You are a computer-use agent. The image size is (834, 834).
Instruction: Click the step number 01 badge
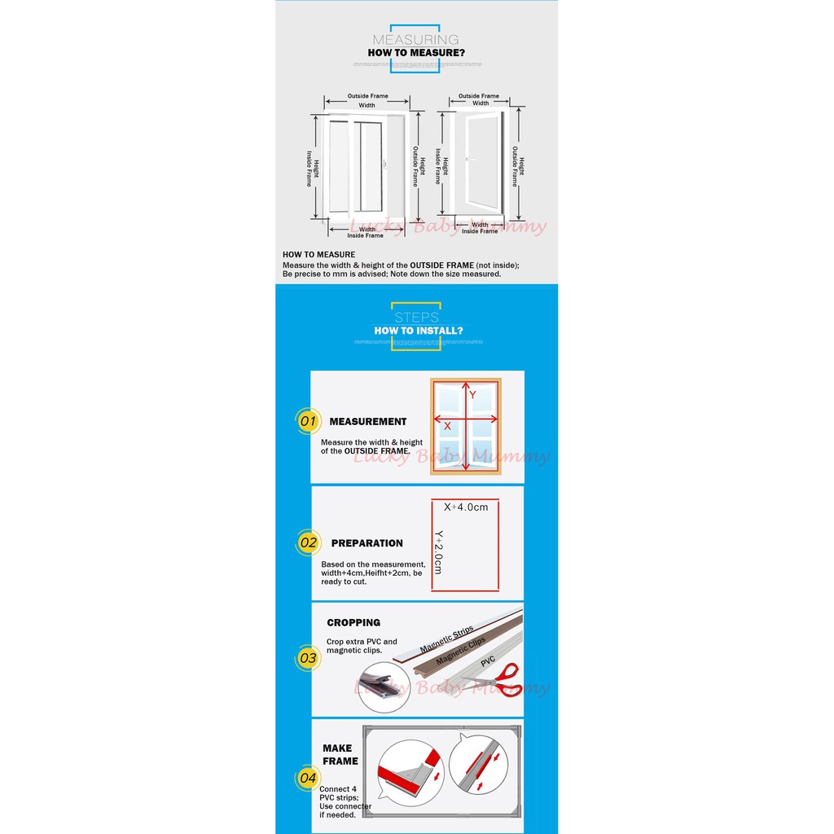pos(306,421)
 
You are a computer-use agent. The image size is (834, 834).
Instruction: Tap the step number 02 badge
pos(308,542)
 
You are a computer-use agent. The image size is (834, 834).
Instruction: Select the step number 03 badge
pos(307,657)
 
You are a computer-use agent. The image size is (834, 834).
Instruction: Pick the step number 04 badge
pos(307,778)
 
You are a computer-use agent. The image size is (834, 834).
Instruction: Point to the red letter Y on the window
pos(472,395)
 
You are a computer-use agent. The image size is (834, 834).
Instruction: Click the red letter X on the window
pos(447,425)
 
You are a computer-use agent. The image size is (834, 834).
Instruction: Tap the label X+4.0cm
pos(466,507)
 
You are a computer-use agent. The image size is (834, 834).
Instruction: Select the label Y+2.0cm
pos(438,552)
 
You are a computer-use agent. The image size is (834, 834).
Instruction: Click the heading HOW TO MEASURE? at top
pos(416,53)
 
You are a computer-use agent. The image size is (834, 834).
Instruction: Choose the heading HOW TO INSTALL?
pos(419,331)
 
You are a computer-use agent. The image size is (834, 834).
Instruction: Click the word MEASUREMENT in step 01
pos(368,422)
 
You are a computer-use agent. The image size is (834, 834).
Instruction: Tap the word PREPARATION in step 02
pos(367,543)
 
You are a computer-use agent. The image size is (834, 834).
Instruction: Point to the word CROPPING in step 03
pos(353,623)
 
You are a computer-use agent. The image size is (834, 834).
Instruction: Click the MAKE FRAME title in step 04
pos(340,754)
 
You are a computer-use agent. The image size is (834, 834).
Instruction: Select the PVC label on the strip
pos(488,661)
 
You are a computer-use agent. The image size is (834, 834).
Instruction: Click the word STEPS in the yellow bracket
pos(416,318)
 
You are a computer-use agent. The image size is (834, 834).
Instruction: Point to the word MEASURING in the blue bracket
pos(415,39)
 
